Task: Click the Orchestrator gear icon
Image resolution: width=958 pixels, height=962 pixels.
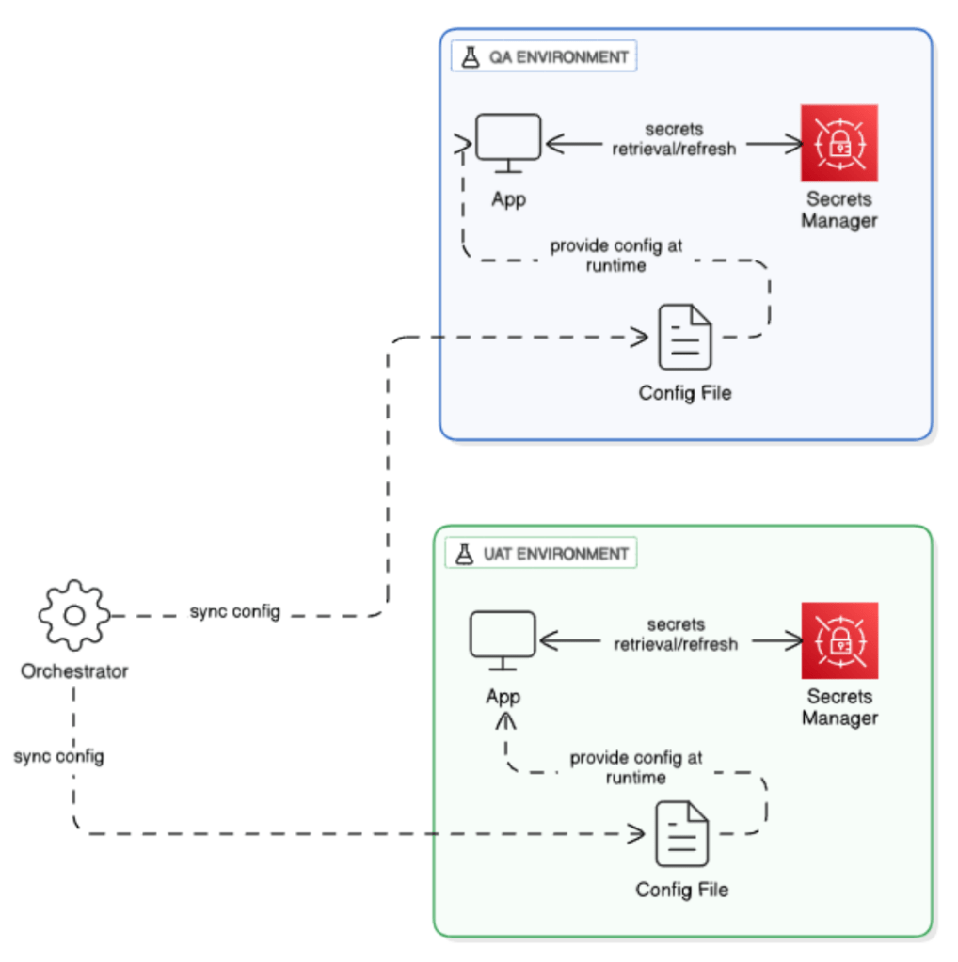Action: point(73,616)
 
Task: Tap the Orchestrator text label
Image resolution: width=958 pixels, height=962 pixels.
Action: point(74,671)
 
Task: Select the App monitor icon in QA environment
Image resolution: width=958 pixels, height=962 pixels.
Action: point(508,141)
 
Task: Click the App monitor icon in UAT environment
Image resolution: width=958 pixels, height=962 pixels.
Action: point(503,639)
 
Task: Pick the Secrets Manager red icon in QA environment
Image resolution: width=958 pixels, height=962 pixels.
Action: point(838,143)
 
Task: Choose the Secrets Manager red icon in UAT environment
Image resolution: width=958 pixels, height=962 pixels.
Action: point(838,640)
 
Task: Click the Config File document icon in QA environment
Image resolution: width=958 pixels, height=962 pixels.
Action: point(684,337)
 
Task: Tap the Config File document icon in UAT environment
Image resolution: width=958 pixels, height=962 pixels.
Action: point(681,833)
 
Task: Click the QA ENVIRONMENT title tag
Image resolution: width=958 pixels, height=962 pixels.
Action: point(545,56)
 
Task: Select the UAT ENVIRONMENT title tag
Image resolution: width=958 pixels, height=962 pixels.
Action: point(541,554)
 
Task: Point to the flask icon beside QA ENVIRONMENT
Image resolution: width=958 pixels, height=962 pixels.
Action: point(469,56)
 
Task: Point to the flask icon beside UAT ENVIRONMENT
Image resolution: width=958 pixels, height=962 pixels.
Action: point(463,554)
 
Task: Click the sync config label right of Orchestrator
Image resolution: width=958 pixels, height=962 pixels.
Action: point(235,612)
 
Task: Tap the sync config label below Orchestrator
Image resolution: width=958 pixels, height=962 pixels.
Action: point(58,756)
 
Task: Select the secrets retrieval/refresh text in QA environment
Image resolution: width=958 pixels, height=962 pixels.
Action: point(674,138)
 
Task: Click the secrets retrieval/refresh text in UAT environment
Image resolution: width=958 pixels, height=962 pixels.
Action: point(676,635)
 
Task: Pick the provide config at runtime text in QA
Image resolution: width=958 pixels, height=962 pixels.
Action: point(616,255)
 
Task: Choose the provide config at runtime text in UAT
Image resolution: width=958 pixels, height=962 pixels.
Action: point(636,767)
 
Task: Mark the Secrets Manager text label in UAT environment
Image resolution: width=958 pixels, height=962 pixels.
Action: point(839,707)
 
